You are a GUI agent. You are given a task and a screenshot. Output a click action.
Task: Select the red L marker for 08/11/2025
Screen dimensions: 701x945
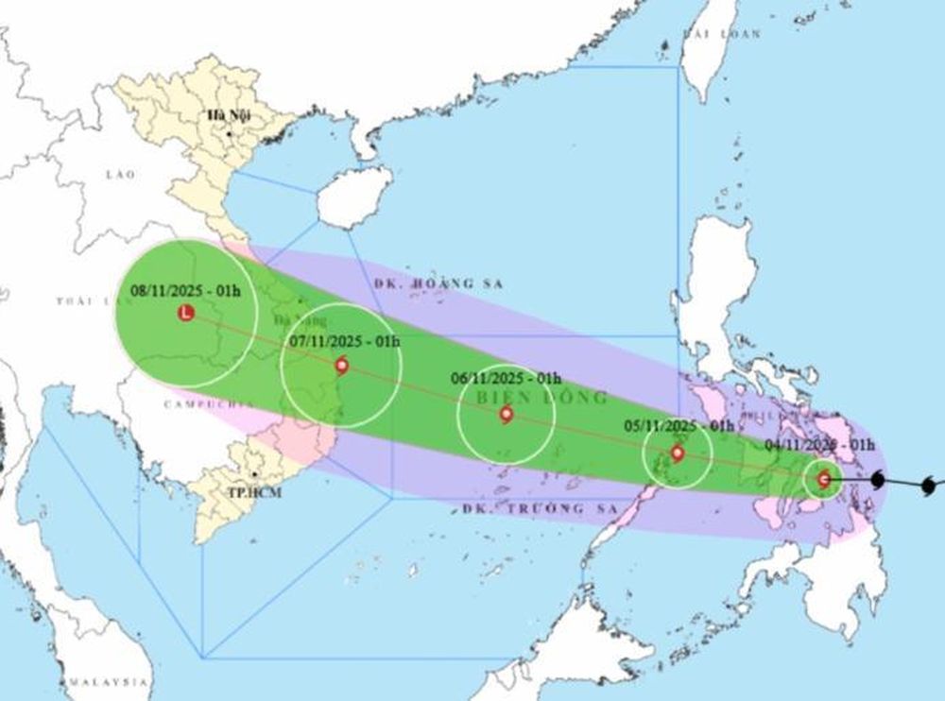[x=186, y=313]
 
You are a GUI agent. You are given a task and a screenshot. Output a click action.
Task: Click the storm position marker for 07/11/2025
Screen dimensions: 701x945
[x=341, y=366]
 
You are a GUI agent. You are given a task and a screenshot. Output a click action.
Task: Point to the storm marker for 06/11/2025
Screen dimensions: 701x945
[x=507, y=414]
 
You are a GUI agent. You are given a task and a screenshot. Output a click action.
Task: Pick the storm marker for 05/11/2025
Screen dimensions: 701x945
[x=677, y=453]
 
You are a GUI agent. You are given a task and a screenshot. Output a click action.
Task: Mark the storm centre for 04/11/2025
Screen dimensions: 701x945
[x=823, y=479]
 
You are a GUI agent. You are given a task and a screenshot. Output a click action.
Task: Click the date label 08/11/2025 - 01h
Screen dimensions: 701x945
[x=186, y=290]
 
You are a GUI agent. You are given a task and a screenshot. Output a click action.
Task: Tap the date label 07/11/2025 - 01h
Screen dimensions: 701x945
[x=345, y=341]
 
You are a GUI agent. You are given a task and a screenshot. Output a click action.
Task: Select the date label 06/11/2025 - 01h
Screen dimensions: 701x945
[x=507, y=378]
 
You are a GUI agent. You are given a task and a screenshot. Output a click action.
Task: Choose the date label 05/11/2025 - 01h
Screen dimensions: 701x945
[x=679, y=426]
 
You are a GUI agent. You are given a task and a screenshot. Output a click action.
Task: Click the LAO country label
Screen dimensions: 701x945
[x=121, y=175]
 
